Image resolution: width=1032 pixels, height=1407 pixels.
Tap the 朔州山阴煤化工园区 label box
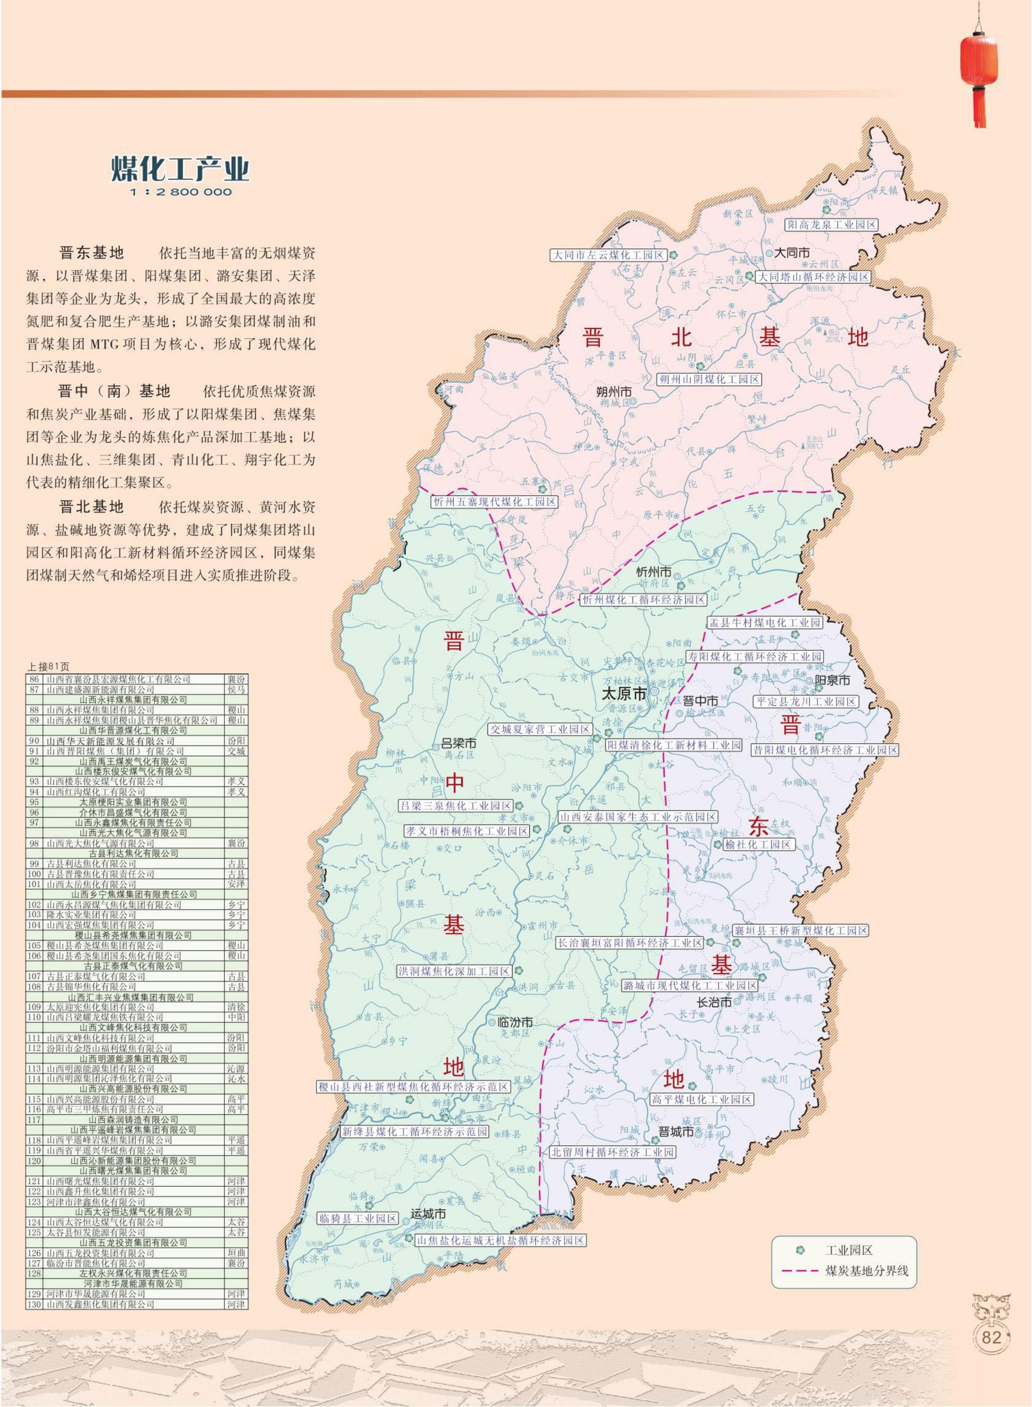tap(710, 379)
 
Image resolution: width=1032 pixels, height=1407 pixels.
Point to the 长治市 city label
tap(714, 1002)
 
